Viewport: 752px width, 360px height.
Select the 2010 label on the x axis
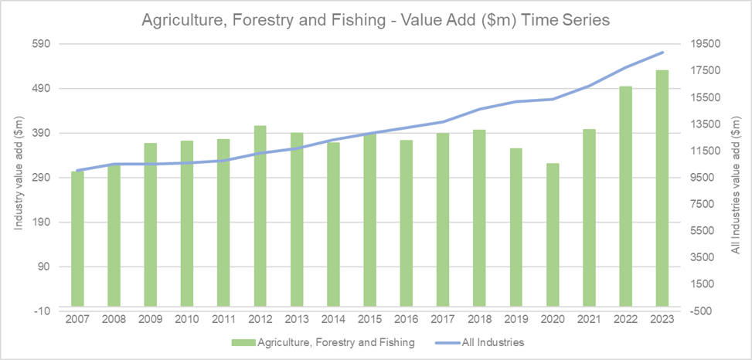point(187,319)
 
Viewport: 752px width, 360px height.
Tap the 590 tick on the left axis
point(39,44)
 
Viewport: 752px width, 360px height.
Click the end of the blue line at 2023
point(662,53)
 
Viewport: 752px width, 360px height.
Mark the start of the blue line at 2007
point(77,170)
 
